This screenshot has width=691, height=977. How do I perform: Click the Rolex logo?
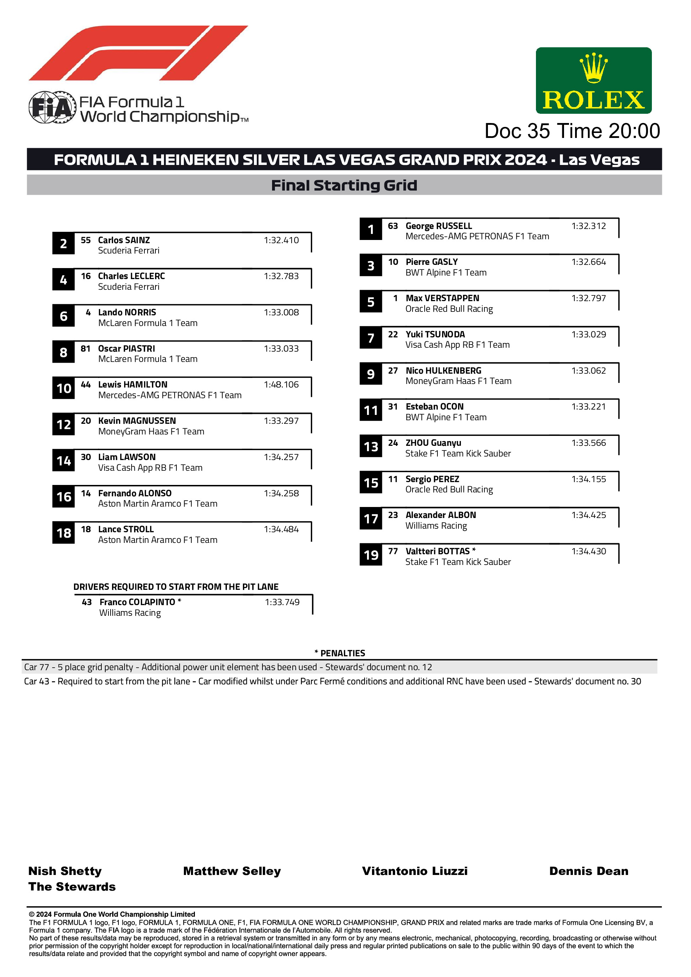click(593, 80)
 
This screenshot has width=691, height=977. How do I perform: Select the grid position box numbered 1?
click(371, 229)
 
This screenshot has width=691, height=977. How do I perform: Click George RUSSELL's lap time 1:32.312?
click(588, 226)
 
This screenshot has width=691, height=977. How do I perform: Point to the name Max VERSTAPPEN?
click(442, 298)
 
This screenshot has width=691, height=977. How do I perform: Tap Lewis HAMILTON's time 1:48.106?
click(281, 385)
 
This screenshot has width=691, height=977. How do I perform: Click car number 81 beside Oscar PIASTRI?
click(86, 348)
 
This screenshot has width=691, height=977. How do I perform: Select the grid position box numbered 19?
click(371, 555)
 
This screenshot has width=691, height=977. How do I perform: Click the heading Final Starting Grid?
click(344, 186)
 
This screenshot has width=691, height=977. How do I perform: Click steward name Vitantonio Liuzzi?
click(414, 871)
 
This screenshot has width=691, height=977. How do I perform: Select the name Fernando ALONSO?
click(134, 493)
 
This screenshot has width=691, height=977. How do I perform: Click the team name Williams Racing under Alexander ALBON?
click(436, 526)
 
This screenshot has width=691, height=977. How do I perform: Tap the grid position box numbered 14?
click(63, 460)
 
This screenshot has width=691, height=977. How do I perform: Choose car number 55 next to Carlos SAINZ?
click(86, 240)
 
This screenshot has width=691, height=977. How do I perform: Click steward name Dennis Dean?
click(588, 871)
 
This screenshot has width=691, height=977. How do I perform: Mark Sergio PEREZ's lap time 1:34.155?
click(588, 479)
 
